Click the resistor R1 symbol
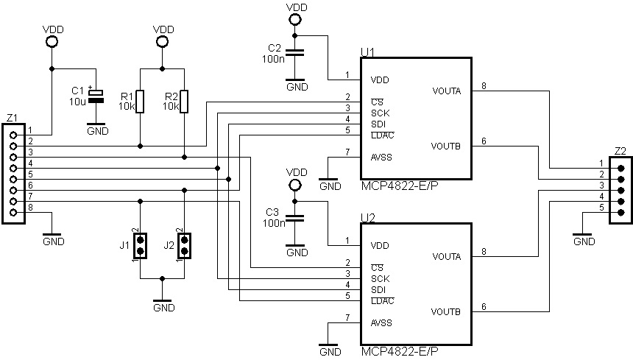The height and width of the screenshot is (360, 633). click(140, 101)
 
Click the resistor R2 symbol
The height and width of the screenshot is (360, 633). click(184, 101)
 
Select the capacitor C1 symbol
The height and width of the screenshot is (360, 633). click(94, 96)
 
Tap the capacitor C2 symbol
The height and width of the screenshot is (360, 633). click(295, 52)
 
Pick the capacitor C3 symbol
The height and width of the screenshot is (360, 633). click(295, 218)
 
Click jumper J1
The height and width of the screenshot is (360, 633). click(140, 246)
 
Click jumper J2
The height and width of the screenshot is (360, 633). click(184, 246)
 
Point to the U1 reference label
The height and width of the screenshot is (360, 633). click(367, 52)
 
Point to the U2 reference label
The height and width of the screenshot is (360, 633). click(367, 218)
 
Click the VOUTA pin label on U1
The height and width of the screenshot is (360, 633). click(447, 91)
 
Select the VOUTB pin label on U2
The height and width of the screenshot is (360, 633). click(447, 311)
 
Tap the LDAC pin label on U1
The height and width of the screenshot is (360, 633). click(382, 135)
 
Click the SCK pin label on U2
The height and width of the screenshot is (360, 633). click(380, 278)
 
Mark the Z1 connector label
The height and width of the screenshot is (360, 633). click(11, 118)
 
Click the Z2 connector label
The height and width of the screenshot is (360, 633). click(620, 151)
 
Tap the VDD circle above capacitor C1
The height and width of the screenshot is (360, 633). click(52, 42)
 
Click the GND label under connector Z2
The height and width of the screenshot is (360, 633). click(583, 241)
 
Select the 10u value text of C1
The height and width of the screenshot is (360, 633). click(78, 101)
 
